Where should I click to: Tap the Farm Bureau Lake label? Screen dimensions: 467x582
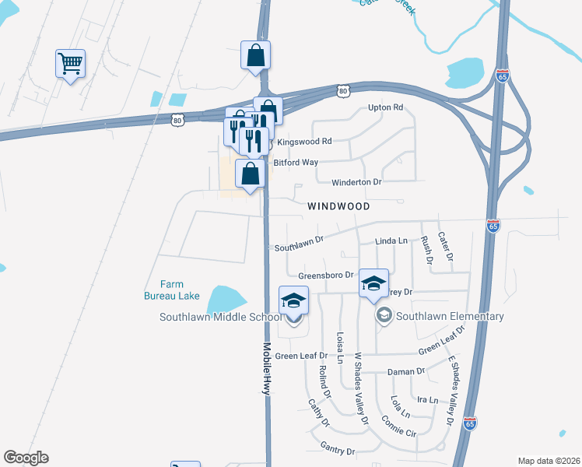point(172,290)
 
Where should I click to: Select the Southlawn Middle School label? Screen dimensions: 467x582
point(220,317)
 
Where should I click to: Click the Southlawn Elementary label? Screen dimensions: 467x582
point(450,316)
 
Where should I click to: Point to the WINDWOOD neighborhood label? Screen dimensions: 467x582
point(337,207)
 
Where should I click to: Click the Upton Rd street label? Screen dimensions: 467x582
point(386,107)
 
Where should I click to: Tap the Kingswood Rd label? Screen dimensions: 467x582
point(304,142)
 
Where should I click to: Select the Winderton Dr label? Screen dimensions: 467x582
point(356,182)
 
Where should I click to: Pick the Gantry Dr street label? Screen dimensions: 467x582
point(338,451)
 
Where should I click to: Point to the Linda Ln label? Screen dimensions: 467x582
point(391,241)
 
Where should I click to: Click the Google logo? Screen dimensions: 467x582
point(26,458)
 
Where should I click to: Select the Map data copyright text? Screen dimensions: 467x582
point(548,461)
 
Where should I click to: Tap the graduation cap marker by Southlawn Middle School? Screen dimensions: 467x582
point(293,300)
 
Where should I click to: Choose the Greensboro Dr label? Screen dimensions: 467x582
point(325,276)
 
